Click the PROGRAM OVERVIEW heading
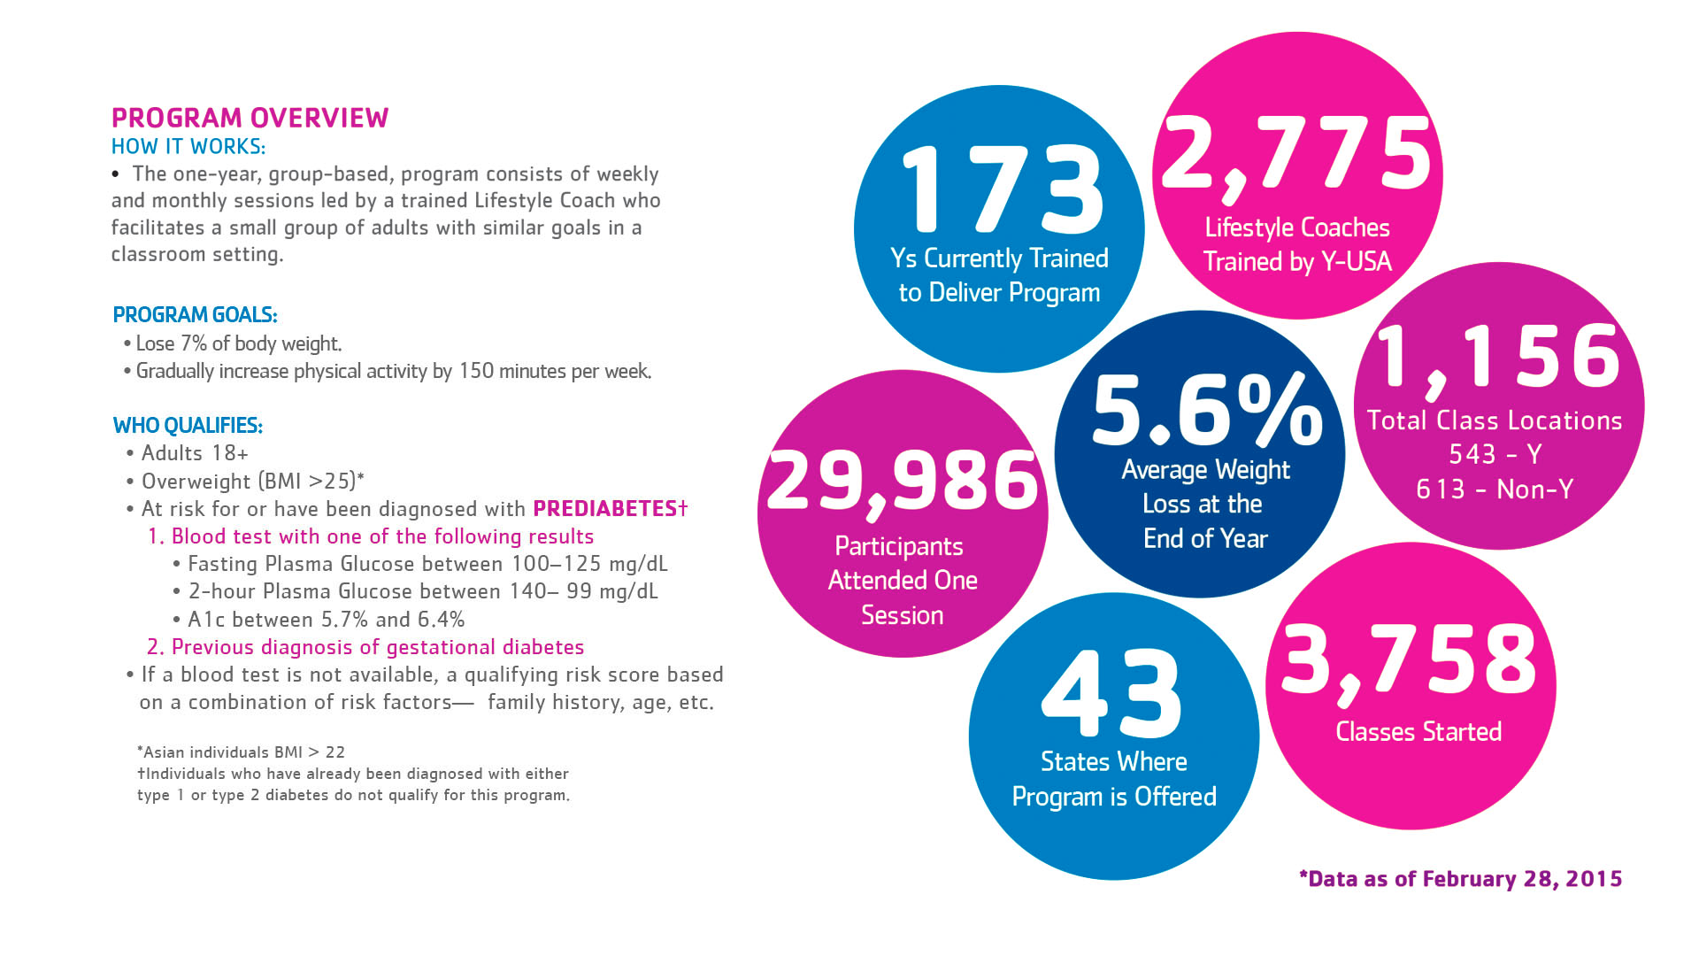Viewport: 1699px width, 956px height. pyautogui.click(x=250, y=118)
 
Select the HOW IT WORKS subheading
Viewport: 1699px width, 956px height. pyautogui.click(x=188, y=146)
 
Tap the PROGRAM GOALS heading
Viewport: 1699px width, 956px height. pyautogui.click(x=195, y=315)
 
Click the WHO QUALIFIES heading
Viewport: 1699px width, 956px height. pyautogui.click(x=188, y=426)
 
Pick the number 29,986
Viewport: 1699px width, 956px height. pyautogui.click(x=903, y=482)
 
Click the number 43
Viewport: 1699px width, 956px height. pyautogui.click(x=1112, y=694)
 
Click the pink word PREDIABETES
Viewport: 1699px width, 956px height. pyautogui.click(x=605, y=509)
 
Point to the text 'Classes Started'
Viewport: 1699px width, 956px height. pyautogui.click(x=1418, y=732)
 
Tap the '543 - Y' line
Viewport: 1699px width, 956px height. pyautogui.click(x=1495, y=455)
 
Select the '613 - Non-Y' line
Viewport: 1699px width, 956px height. pyautogui.click(x=1495, y=490)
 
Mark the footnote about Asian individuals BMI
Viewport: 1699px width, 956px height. pyautogui.click(x=241, y=752)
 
